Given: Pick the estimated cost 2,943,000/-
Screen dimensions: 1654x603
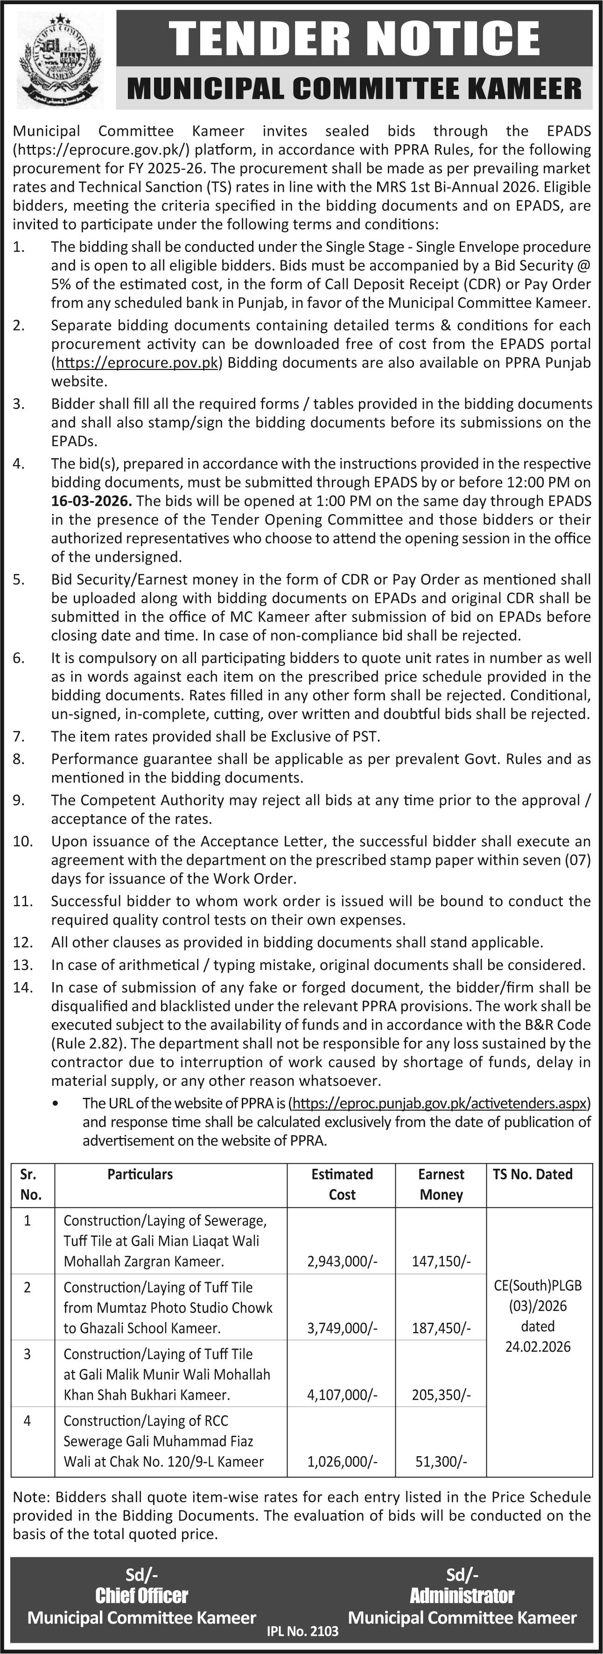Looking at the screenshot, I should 342,1261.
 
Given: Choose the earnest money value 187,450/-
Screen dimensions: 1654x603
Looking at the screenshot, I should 441,1327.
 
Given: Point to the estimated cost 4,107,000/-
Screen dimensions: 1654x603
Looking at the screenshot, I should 342,1395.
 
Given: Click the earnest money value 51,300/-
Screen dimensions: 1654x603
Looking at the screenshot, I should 441,1461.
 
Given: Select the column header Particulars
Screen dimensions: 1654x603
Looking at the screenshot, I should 140,1174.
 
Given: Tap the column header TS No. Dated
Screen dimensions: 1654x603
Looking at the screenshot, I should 533,1174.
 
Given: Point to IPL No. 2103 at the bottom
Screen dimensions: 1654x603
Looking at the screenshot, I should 302,1630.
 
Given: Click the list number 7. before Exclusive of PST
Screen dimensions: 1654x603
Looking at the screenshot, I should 19,736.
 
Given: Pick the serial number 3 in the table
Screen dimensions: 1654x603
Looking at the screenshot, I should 27,1354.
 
